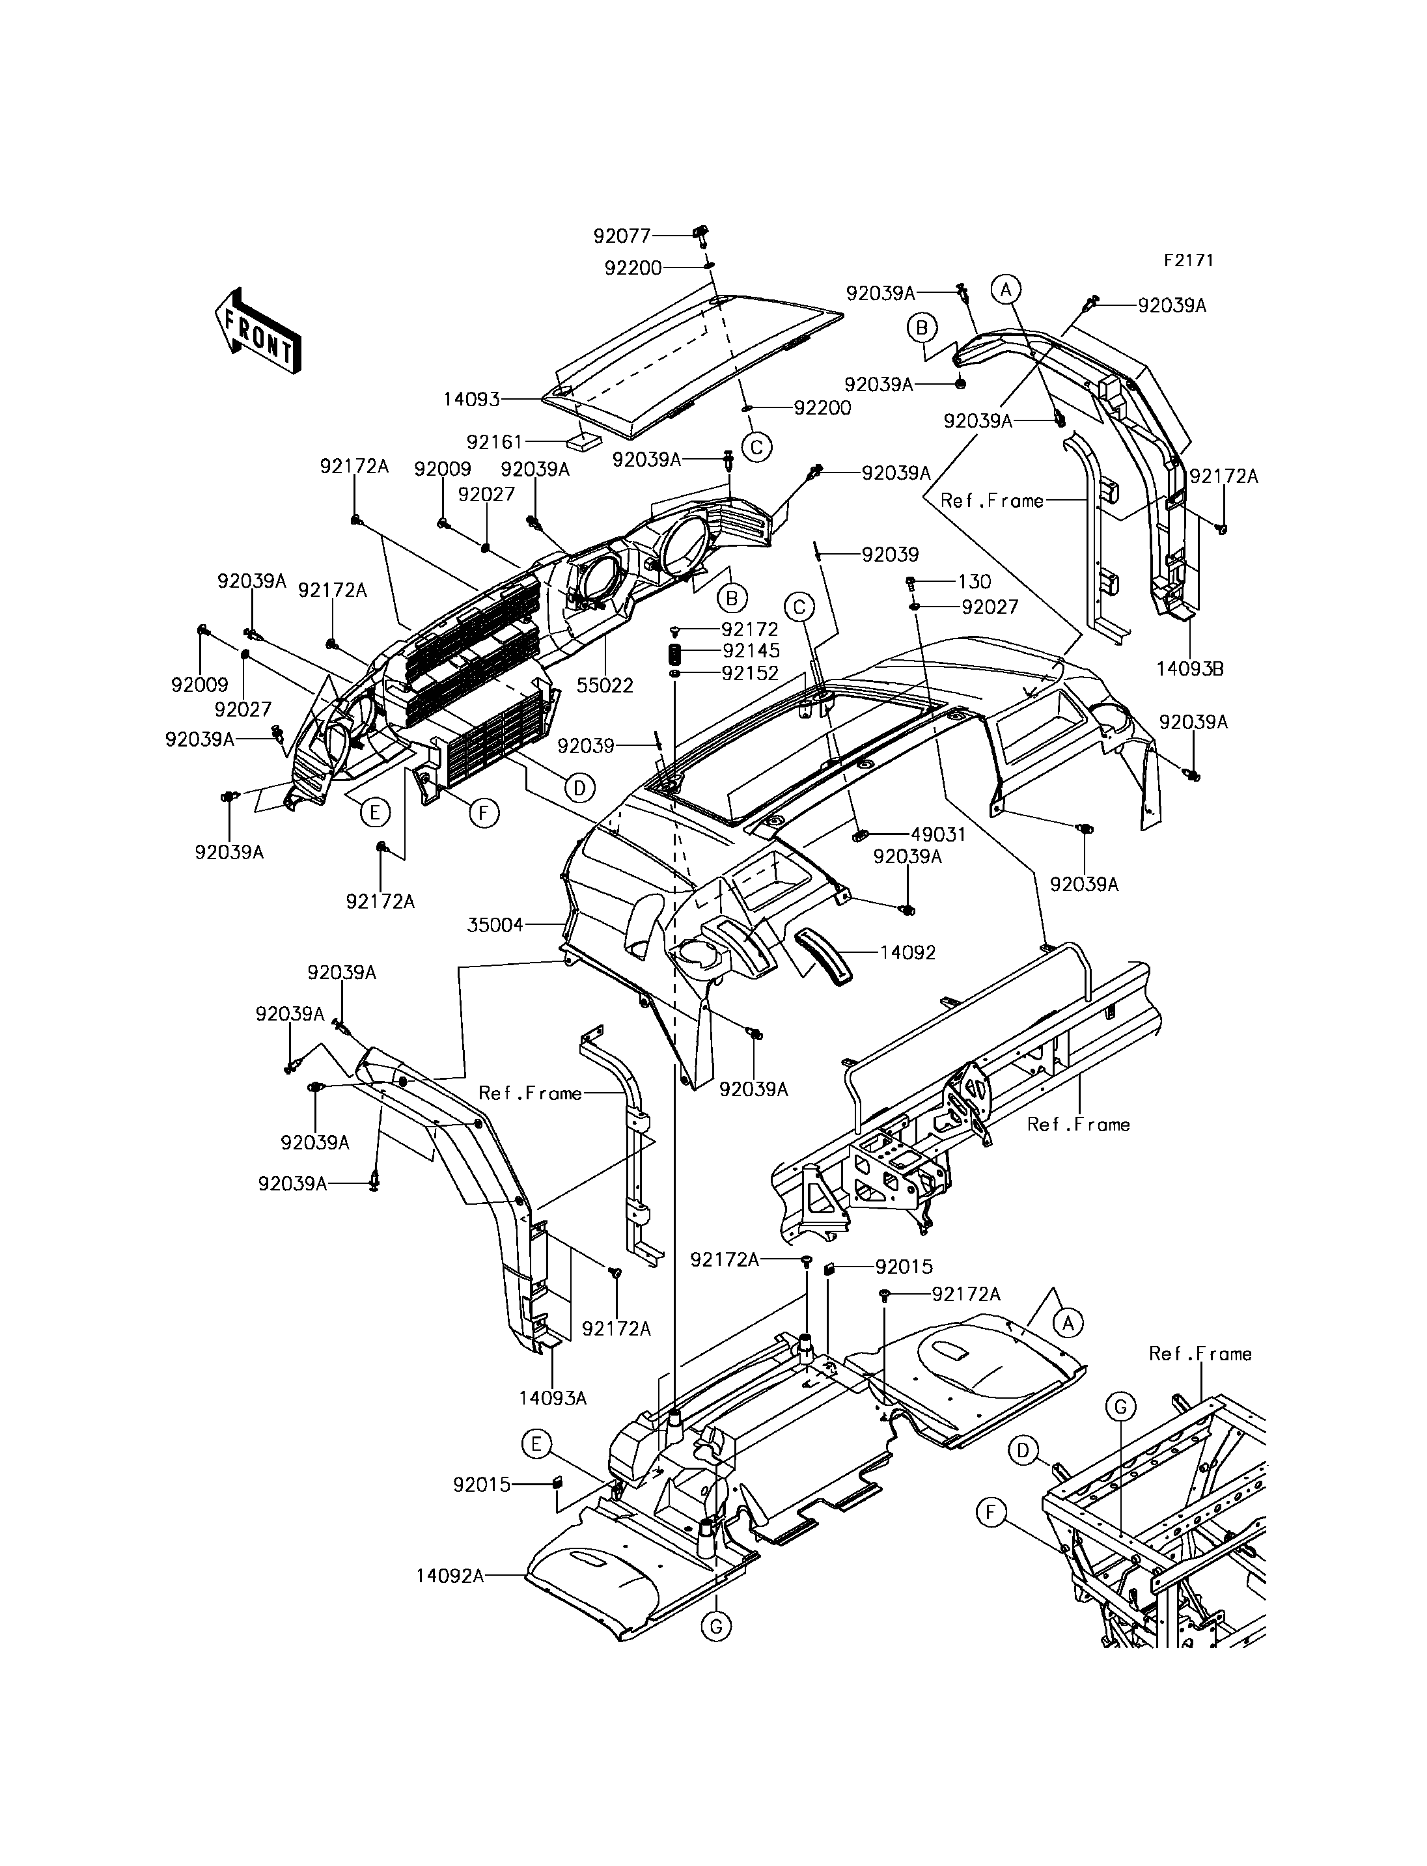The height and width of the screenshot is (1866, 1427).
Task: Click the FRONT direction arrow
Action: [257, 332]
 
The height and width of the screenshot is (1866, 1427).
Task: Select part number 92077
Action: [622, 235]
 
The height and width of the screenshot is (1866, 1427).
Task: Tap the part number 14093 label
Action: [471, 399]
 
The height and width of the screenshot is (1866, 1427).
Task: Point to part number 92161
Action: [495, 442]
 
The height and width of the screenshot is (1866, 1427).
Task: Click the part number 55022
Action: [605, 685]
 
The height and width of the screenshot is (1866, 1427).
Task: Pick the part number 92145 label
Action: [750, 651]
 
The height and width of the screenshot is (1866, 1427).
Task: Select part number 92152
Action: [750, 673]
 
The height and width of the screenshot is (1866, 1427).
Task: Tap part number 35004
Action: [495, 925]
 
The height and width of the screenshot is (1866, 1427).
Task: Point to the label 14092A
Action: [450, 1576]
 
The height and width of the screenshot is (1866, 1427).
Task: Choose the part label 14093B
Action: [1190, 668]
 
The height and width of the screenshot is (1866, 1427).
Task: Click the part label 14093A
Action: [553, 1397]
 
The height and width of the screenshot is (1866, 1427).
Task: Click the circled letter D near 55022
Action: [579, 788]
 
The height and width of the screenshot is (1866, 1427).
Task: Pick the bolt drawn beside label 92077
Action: [702, 235]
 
